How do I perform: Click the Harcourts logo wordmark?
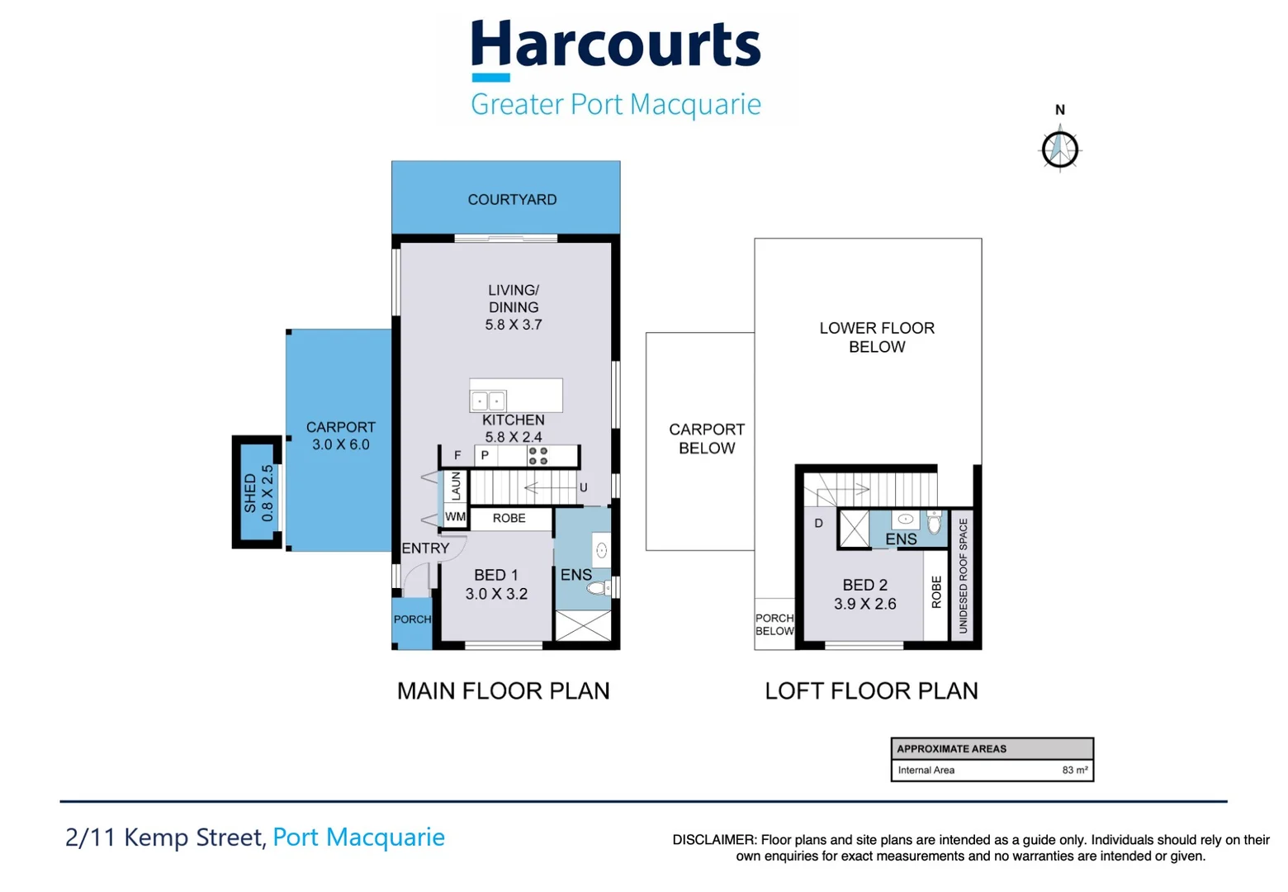click(x=615, y=45)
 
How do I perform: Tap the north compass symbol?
click(x=1059, y=149)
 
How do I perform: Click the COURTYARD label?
click(x=512, y=200)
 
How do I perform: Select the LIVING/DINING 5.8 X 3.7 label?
click(x=513, y=307)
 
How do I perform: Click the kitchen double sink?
click(x=488, y=401)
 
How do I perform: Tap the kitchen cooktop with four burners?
click(x=537, y=456)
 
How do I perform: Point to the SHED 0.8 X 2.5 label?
click(x=258, y=493)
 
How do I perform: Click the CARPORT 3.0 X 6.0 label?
click(x=340, y=436)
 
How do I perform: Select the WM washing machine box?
click(x=455, y=517)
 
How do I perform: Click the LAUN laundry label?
click(x=456, y=486)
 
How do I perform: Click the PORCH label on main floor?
click(x=412, y=619)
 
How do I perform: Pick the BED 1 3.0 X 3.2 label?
click(x=496, y=584)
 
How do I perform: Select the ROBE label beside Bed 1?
click(x=509, y=519)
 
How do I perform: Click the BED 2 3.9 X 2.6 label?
click(x=864, y=594)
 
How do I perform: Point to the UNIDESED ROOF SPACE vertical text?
click(x=963, y=576)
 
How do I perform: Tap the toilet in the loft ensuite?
click(x=934, y=523)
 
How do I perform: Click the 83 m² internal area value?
click(x=1074, y=770)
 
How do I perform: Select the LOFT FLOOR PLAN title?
click(x=871, y=690)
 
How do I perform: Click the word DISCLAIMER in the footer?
click(x=713, y=840)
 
